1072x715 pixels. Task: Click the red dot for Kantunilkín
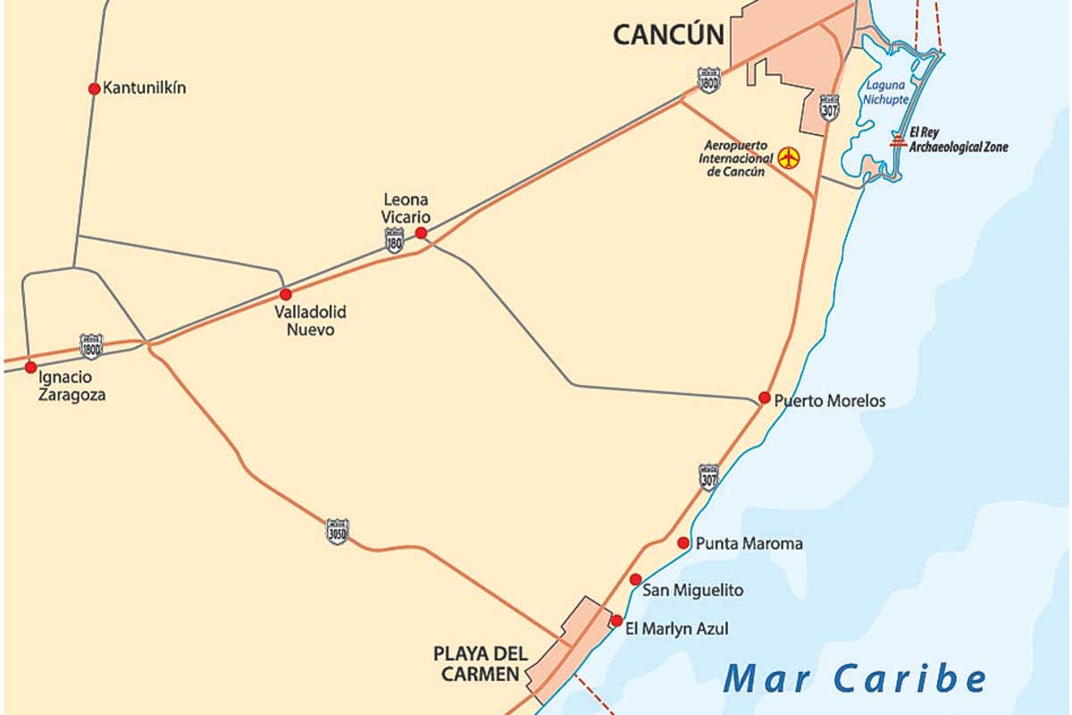click(x=94, y=88)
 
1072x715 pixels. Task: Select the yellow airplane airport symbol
click(x=788, y=158)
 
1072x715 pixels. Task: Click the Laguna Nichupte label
click(x=884, y=93)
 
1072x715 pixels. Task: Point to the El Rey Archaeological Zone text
click(x=958, y=140)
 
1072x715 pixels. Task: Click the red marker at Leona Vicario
click(x=421, y=232)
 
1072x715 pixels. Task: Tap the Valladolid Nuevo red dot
click(x=286, y=294)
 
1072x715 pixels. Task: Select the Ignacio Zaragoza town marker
click(x=31, y=367)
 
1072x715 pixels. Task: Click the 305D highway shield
click(x=337, y=531)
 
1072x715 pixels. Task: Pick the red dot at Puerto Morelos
click(x=764, y=398)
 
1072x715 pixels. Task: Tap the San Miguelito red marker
click(x=635, y=579)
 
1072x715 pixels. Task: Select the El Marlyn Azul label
click(x=676, y=629)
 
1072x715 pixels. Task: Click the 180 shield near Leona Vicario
click(x=394, y=240)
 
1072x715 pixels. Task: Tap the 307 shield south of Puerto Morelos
click(x=708, y=476)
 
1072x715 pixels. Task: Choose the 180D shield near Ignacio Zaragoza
click(x=91, y=346)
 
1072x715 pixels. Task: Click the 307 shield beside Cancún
click(x=829, y=106)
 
